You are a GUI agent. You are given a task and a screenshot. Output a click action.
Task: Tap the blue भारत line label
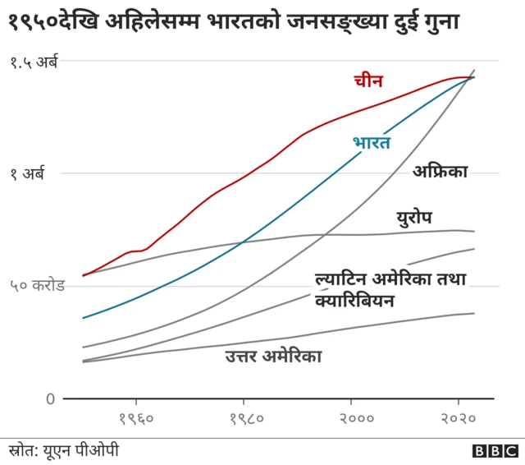coord(371,143)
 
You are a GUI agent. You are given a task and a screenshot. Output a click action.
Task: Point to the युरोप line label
coord(413,218)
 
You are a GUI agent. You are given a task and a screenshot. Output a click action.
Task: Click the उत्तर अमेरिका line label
coord(273,356)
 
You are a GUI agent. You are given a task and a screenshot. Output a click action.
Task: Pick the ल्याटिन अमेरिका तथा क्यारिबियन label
coord(390,289)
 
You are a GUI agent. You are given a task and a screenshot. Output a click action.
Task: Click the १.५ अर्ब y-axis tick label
coord(34,61)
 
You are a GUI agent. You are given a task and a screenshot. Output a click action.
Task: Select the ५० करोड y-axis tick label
coord(36,286)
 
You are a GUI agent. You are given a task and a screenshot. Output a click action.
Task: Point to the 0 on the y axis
coord(50,399)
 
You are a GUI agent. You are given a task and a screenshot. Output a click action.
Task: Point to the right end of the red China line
coord(473,77)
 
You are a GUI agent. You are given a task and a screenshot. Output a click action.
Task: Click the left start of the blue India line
coord(84,317)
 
